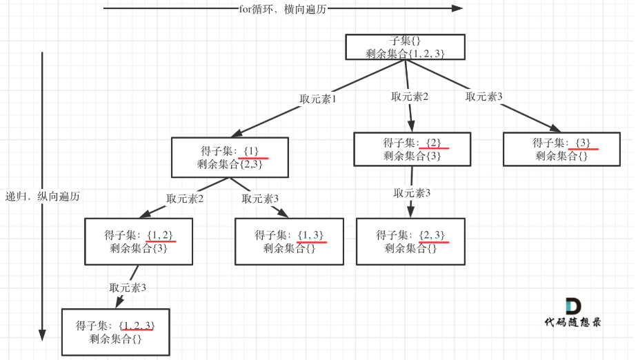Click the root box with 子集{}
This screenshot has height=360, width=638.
405,46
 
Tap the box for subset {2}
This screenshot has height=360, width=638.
412,149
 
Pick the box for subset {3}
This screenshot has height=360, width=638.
561,149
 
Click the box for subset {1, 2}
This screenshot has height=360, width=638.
139,241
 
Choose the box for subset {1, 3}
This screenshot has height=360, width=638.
289,241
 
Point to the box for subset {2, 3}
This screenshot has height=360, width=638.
410,241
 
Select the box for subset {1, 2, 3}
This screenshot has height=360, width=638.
115,332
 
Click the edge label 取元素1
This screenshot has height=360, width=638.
317,99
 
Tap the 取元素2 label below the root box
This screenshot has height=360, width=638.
410,97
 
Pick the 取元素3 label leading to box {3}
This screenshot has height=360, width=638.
484,97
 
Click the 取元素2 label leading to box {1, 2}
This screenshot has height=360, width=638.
185,199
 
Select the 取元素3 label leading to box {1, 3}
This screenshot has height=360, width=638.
260,199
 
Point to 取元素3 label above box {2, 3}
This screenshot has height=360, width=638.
412,193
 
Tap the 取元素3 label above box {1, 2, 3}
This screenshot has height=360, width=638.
128,288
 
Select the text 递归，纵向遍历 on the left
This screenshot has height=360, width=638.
43,197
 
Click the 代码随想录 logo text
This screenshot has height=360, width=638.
572,322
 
